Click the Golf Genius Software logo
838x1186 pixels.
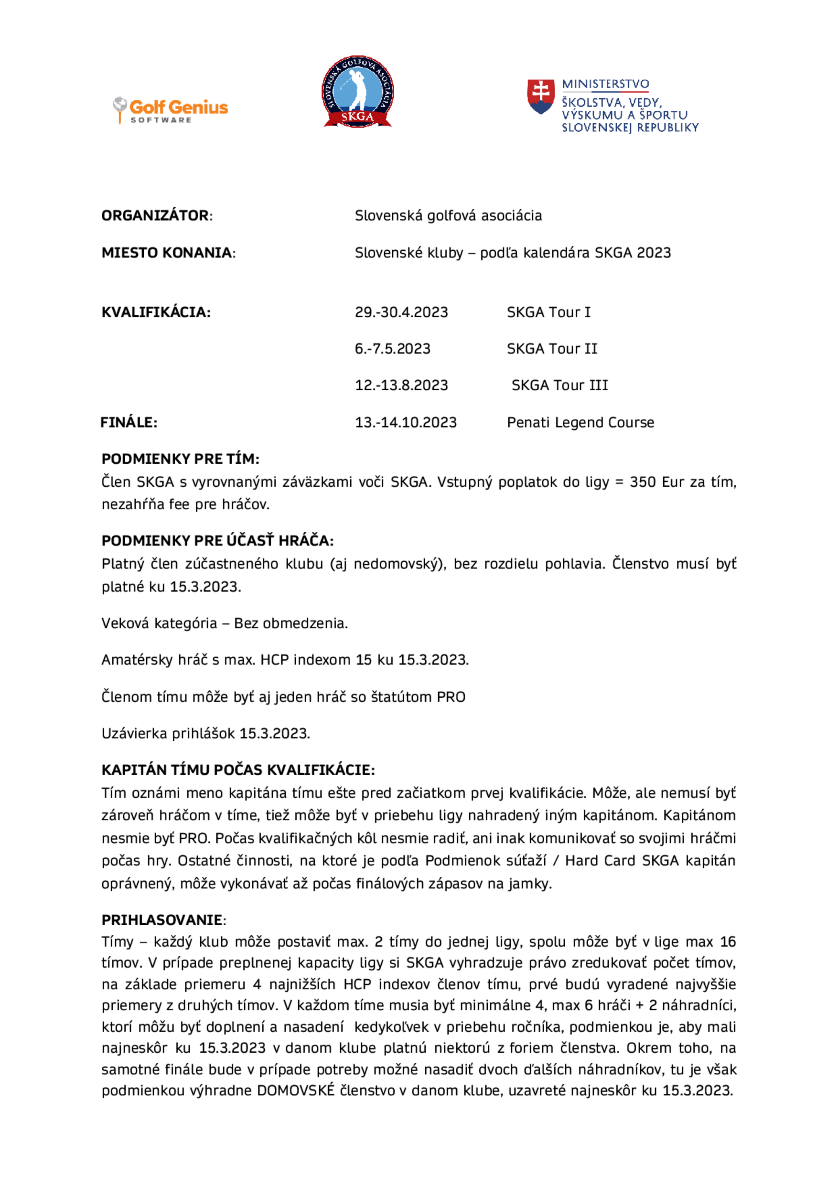click(x=171, y=110)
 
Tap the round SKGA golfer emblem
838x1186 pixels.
click(x=357, y=91)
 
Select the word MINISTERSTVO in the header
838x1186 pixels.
click(x=605, y=84)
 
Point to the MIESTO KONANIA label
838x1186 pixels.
click(x=166, y=253)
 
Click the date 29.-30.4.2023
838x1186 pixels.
click(x=401, y=312)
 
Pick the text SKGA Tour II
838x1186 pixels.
click(x=551, y=349)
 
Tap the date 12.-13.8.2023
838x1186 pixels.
click(x=401, y=385)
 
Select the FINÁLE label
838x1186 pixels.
click(x=129, y=422)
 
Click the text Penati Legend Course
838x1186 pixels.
click(x=580, y=422)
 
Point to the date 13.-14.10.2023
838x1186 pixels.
click(x=405, y=422)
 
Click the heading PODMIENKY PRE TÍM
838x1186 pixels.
click(x=180, y=459)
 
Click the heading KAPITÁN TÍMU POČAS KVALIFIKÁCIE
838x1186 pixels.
click(x=238, y=770)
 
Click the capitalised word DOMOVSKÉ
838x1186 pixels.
click(x=296, y=1090)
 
